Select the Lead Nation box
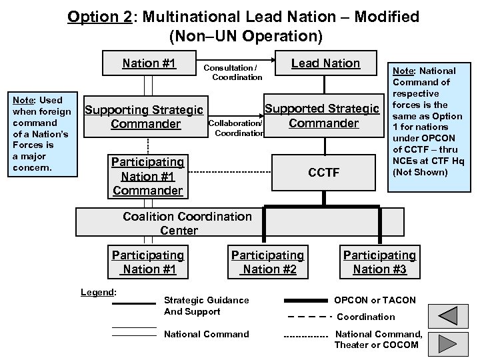pyautogui.click(x=326, y=64)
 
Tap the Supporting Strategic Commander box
pyautogui.click(x=146, y=117)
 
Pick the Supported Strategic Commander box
pyautogui.click(x=323, y=115)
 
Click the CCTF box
pyautogui.click(x=323, y=173)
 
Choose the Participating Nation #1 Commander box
pyautogui.click(x=147, y=177)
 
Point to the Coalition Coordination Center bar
pyautogui.click(x=187, y=223)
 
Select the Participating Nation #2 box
pyautogui.click(x=267, y=262)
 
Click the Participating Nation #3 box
pyautogui.click(x=379, y=262)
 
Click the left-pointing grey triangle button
pyautogui.click(x=448, y=317)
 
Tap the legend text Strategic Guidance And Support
pyautogui.click(x=207, y=306)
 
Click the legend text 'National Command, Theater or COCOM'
pyautogui.click(x=378, y=339)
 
